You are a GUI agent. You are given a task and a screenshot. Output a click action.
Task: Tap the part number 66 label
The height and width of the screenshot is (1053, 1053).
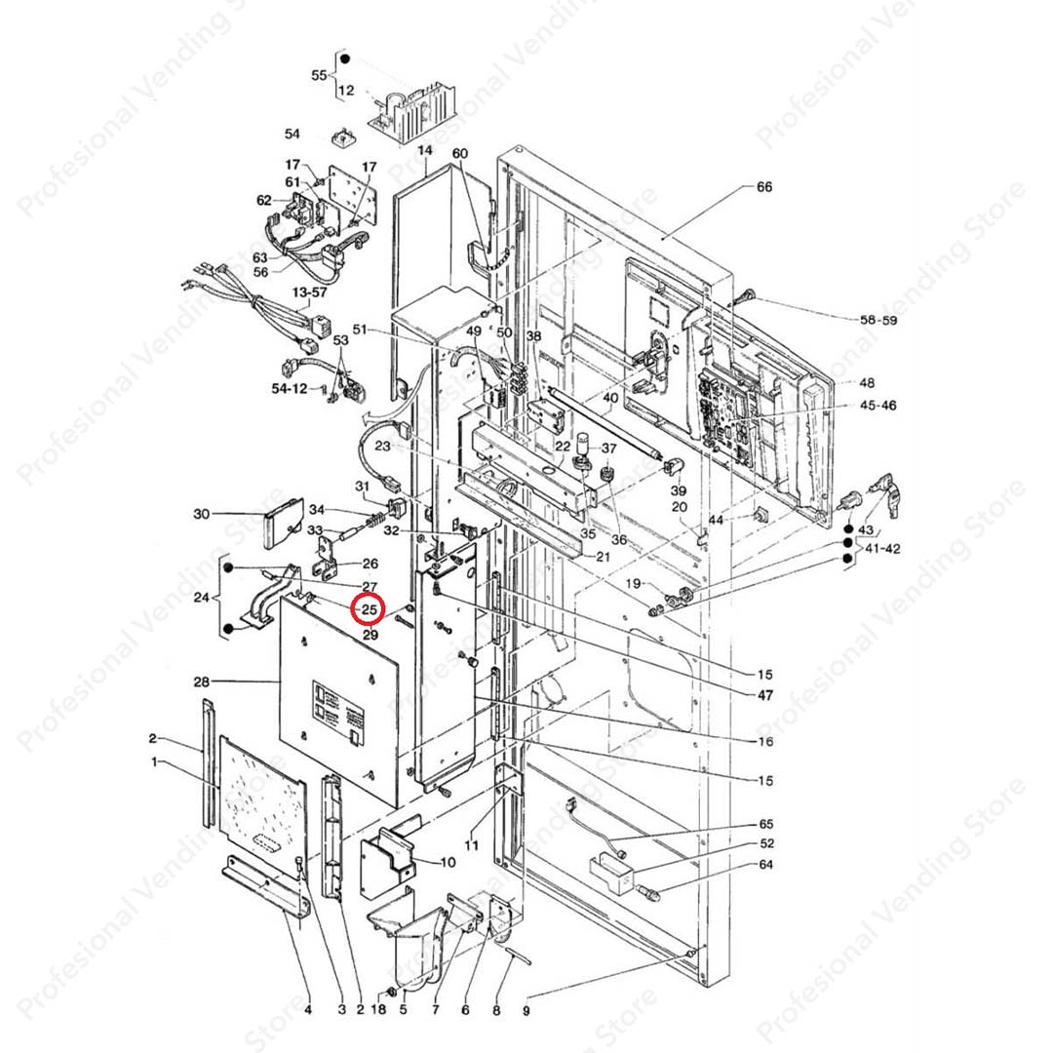pos(764,186)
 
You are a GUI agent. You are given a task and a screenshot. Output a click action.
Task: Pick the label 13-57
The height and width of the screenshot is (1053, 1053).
pos(311,292)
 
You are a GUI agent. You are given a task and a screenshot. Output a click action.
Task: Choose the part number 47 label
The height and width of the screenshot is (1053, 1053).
pos(765,696)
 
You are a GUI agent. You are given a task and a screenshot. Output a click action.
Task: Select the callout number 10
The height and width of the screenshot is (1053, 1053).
pos(448,862)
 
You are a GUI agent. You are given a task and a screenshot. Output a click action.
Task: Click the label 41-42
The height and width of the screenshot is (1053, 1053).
pos(882,549)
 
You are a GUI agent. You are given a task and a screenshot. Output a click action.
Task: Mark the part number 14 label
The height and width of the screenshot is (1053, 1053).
pos(424,151)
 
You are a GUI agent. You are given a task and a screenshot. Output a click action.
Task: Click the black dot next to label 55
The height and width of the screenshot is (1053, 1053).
pos(343,59)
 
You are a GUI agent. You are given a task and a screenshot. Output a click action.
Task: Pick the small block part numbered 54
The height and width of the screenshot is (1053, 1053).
pos(342,137)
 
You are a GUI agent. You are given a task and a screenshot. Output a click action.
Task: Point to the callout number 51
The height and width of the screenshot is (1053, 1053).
pos(360,331)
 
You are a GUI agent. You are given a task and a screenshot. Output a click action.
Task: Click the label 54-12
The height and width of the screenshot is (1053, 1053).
pos(288,388)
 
